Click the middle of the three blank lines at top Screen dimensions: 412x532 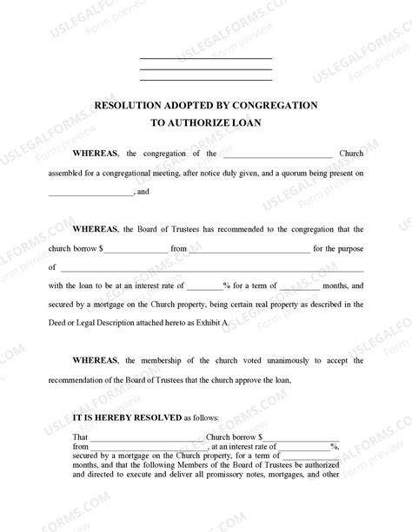pos(205,69)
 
